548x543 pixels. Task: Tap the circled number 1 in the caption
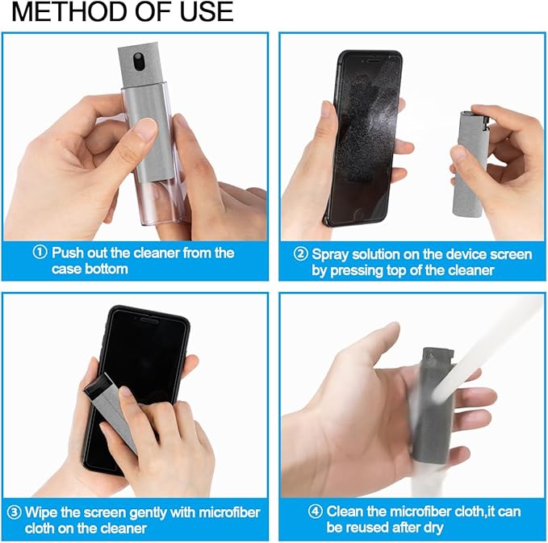40,253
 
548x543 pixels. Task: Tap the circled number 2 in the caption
300,254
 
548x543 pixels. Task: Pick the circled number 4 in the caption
316,512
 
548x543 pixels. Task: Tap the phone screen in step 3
149,355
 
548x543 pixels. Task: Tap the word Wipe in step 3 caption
41,512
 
